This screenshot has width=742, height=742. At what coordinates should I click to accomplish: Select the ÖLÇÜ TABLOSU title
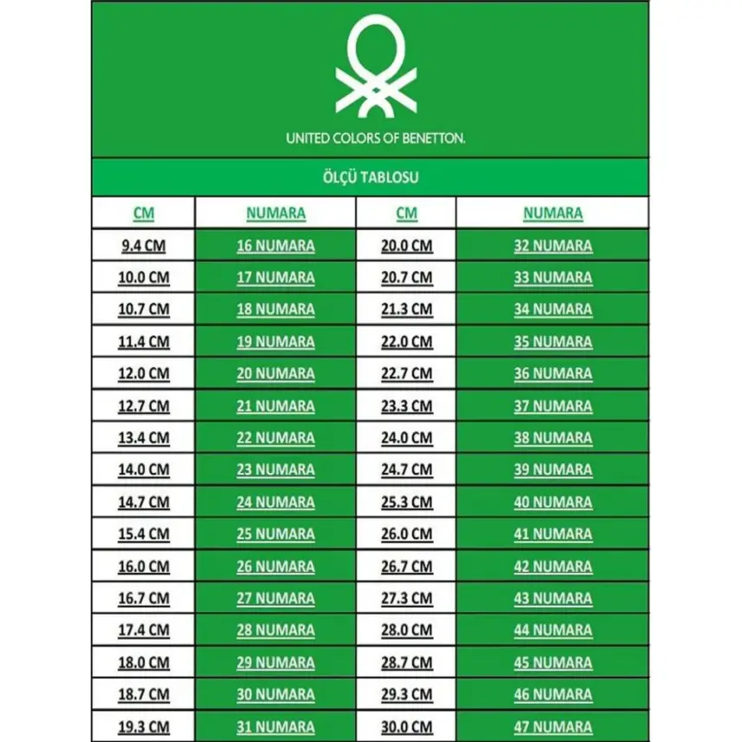tap(371, 177)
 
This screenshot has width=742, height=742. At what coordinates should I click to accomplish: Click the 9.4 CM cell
tap(144, 246)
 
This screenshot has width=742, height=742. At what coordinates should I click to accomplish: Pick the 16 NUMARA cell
tap(275, 246)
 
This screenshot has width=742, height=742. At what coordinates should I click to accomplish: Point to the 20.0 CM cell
tap(406, 246)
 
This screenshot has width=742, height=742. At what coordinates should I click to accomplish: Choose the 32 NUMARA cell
tap(553, 246)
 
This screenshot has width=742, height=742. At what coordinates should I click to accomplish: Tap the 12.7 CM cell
tap(144, 406)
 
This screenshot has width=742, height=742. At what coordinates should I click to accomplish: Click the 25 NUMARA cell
tap(275, 535)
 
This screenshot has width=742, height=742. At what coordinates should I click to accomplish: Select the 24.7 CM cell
tap(406, 470)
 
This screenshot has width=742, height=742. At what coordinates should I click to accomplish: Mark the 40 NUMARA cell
tap(553, 502)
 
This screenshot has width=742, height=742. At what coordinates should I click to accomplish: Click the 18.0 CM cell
tap(144, 663)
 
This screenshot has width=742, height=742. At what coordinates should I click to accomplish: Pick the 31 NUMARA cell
tap(275, 727)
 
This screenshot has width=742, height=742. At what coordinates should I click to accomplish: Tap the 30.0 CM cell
tap(406, 727)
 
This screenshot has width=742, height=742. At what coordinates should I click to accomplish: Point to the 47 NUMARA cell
tap(553, 727)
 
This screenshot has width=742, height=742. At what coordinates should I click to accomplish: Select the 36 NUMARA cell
tap(553, 374)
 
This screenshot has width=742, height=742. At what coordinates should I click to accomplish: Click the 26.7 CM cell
tap(406, 567)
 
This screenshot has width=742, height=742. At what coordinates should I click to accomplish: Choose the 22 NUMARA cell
tap(275, 438)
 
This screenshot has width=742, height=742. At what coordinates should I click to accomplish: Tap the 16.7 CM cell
tap(144, 599)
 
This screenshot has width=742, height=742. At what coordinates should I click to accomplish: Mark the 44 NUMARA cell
tap(553, 631)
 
